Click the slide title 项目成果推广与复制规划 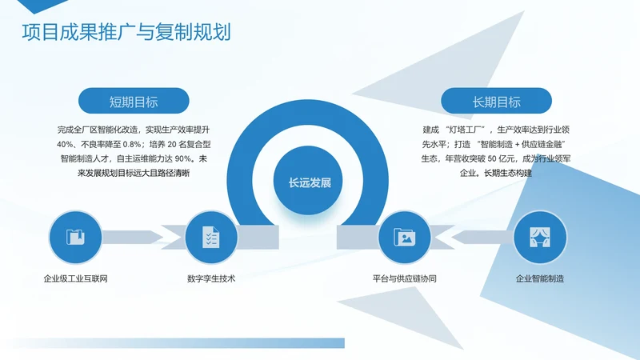click(x=126, y=34)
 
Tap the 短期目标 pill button click(x=134, y=102)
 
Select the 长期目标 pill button click(x=497, y=102)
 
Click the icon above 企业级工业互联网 click(x=76, y=238)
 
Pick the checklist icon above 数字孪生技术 click(x=211, y=238)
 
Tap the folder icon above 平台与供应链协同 click(x=404, y=238)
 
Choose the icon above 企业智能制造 click(x=539, y=238)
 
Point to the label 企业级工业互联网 click(x=76, y=279)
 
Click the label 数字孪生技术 click(x=211, y=279)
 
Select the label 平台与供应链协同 click(x=404, y=279)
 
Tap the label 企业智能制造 click(x=540, y=279)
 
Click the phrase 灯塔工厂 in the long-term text click(x=467, y=129)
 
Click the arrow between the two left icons click(x=144, y=237)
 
